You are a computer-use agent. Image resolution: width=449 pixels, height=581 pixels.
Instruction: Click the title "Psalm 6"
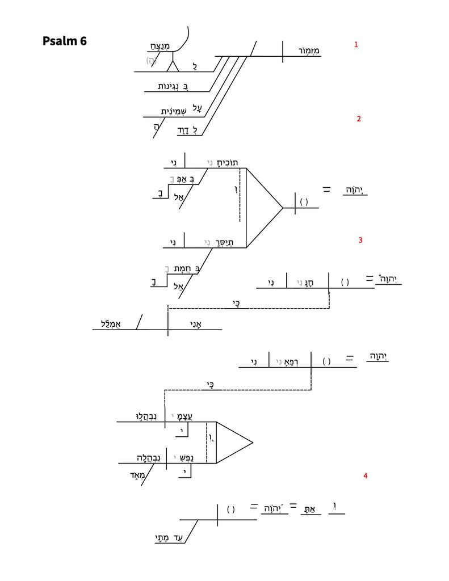click(64, 41)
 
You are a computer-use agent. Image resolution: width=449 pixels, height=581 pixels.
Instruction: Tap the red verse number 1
click(356, 44)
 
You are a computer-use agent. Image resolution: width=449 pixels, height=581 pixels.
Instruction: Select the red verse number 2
click(359, 119)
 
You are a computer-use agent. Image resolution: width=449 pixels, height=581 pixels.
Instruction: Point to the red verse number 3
click(360, 240)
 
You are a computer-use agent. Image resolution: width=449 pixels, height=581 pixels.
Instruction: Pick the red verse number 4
click(366, 476)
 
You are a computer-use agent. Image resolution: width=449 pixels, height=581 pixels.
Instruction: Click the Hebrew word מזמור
click(309, 51)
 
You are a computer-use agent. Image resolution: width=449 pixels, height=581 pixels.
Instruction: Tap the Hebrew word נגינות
click(174, 86)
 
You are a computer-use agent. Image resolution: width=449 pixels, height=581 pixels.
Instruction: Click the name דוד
click(190, 130)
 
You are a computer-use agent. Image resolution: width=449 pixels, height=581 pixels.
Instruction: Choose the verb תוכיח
click(225, 163)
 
